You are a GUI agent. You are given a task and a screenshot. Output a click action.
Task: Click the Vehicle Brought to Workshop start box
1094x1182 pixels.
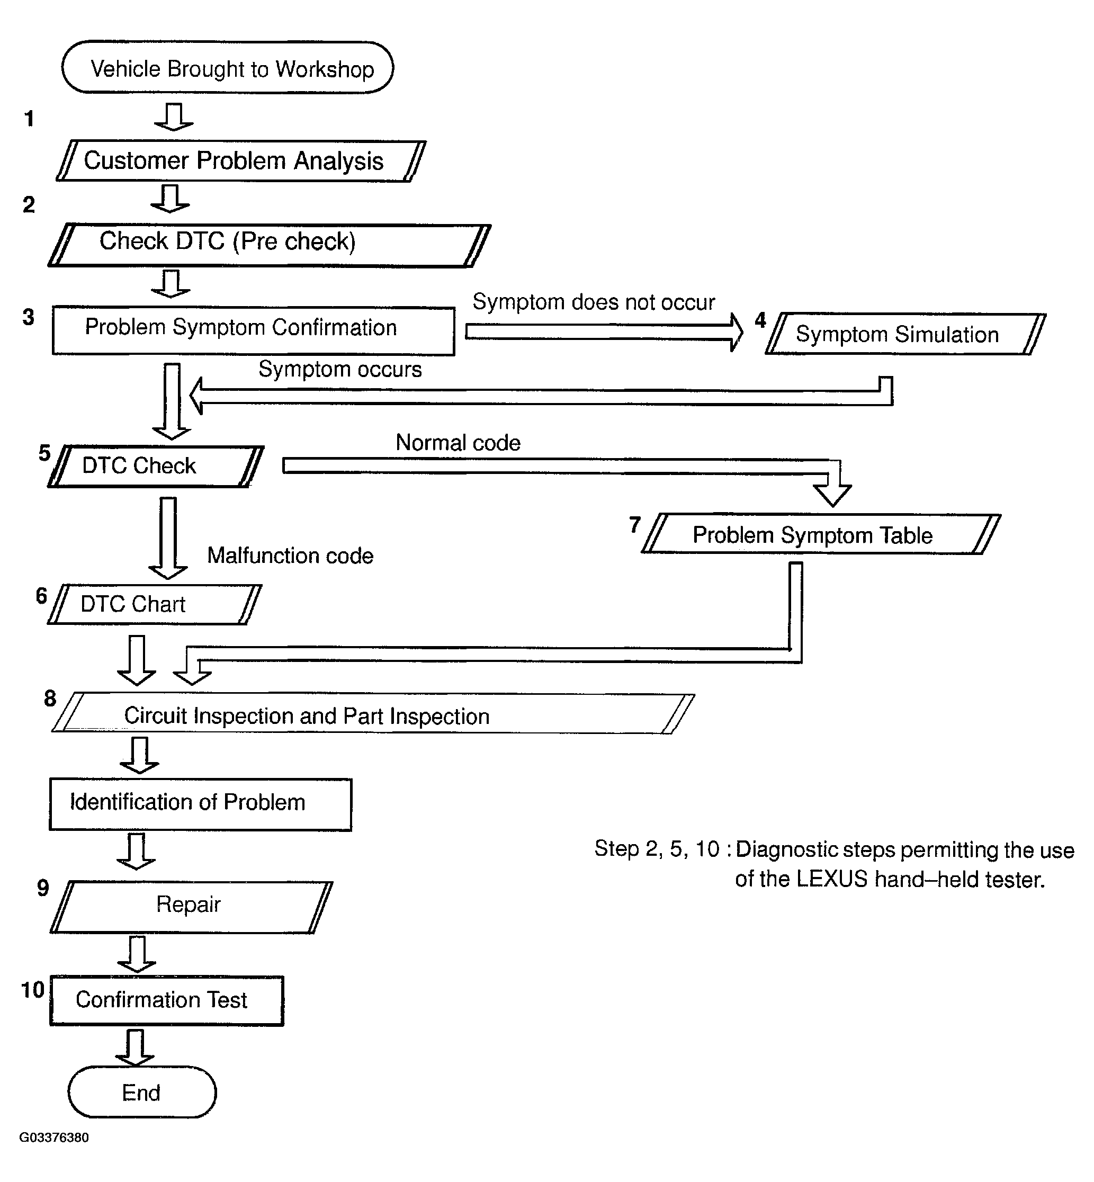(x=228, y=67)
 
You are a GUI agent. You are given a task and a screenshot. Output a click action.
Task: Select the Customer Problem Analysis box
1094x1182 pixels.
(x=241, y=161)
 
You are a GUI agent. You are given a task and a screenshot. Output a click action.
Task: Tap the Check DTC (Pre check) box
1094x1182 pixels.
(x=270, y=245)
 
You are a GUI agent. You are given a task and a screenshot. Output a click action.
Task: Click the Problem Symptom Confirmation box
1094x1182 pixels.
(x=253, y=330)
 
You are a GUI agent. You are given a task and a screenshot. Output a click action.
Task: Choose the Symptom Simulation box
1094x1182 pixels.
(x=905, y=334)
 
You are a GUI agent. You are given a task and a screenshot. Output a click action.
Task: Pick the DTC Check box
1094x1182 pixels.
(x=156, y=467)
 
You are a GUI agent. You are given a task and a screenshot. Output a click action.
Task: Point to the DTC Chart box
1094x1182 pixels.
(x=155, y=604)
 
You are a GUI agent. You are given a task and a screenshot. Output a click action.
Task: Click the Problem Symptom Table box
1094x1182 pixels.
(x=821, y=534)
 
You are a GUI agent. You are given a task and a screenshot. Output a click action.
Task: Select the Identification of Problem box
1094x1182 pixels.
(x=201, y=804)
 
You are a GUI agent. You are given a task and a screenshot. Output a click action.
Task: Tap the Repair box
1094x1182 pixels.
(x=191, y=907)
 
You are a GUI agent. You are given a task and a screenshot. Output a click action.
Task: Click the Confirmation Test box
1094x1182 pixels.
(x=167, y=1001)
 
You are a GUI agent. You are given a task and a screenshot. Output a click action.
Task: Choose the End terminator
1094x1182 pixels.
(x=142, y=1093)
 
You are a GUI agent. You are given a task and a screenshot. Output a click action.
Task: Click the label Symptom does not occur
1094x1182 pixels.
(x=594, y=302)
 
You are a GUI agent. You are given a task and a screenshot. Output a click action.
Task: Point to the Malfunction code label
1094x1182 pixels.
(x=290, y=556)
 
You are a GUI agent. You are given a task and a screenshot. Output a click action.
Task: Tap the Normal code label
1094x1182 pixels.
(x=458, y=443)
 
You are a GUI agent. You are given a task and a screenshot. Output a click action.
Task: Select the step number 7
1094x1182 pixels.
(x=634, y=524)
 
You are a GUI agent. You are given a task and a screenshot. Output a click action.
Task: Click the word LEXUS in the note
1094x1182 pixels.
(x=832, y=880)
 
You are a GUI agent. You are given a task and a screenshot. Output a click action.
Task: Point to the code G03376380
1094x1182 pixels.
(x=54, y=1138)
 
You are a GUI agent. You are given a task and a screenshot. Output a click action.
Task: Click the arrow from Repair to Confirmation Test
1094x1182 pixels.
(x=137, y=954)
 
